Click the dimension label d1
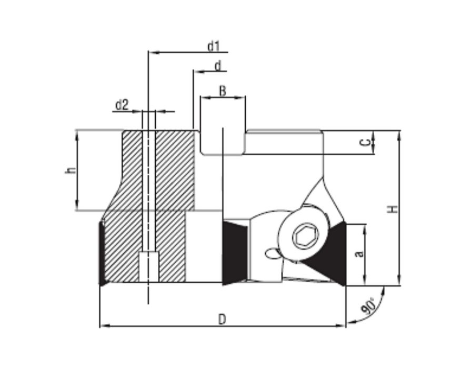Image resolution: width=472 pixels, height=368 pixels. (x=214, y=46)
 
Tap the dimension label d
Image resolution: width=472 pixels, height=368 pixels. (x=218, y=65)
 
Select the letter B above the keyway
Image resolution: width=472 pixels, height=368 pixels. (x=223, y=91)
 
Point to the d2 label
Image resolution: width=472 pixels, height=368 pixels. (x=122, y=105)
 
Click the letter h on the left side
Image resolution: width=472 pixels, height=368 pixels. (x=71, y=170)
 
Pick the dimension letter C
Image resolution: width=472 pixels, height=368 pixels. (x=365, y=142)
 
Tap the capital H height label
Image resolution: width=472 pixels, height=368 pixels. (x=392, y=208)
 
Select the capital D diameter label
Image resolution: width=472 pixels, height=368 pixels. (x=222, y=319)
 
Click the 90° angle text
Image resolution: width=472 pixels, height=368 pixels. (x=368, y=306)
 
